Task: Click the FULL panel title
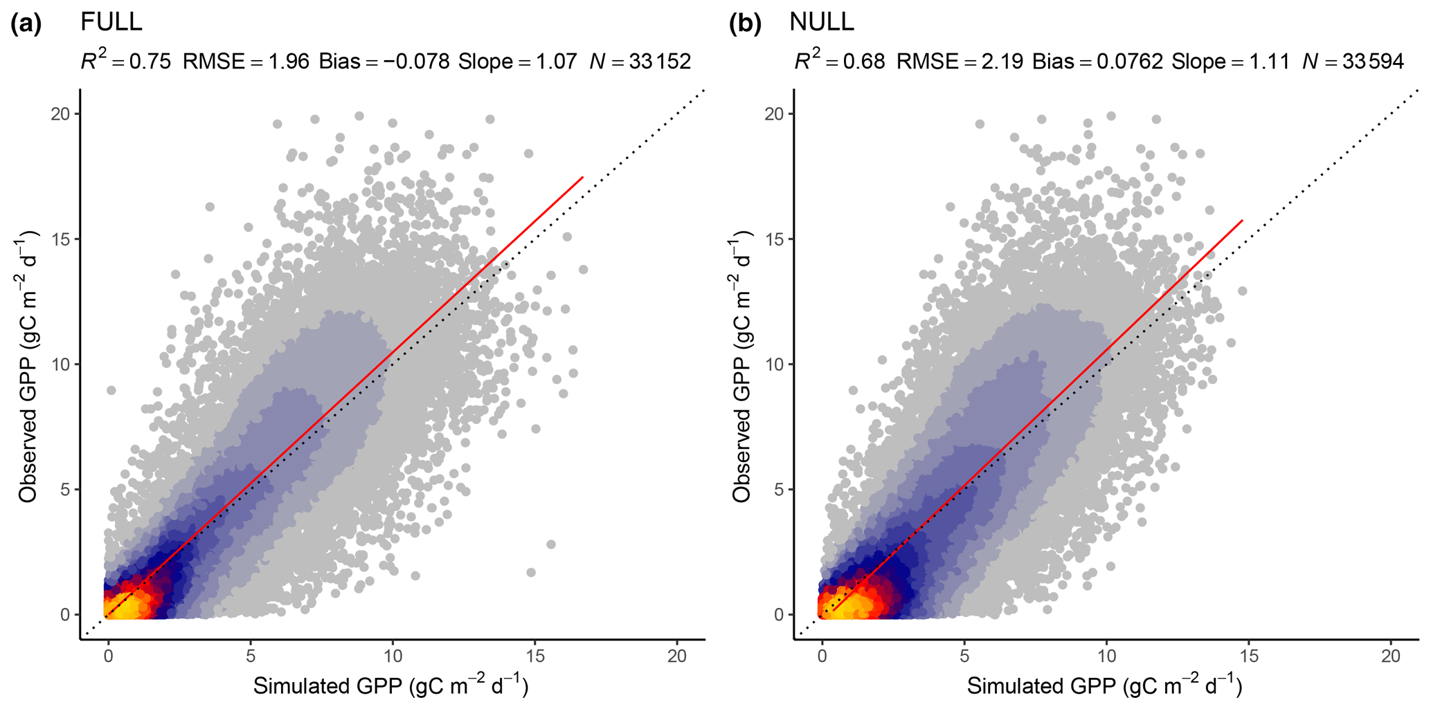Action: (111, 22)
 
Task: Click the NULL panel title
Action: (822, 22)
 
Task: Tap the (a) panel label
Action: (26, 24)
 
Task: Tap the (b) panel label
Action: (745, 24)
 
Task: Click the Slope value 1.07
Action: (557, 62)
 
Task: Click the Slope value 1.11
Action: (1270, 62)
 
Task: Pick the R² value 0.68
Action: (865, 62)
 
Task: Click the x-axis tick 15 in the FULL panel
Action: (535, 656)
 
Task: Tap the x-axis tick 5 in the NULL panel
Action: (964, 656)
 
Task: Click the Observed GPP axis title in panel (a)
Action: (28, 366)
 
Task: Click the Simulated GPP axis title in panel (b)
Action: (1104, 686)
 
